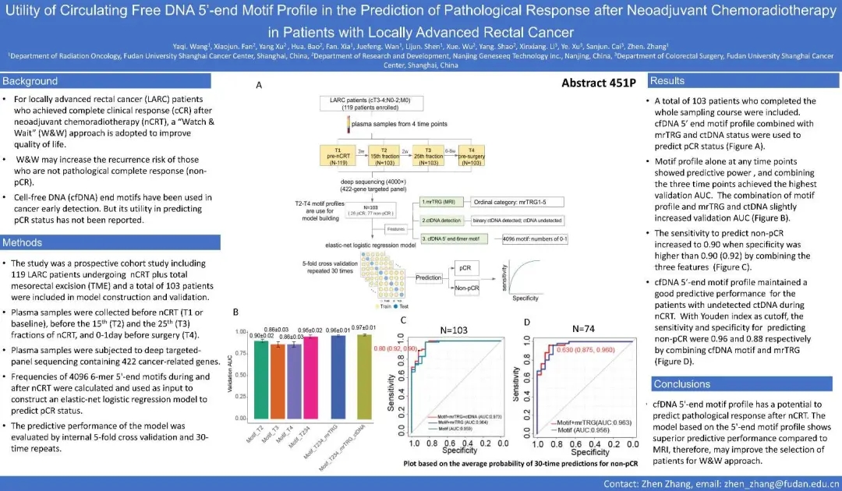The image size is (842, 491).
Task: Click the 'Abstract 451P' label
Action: click(x=596, y=83)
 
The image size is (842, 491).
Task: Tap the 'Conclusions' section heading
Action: click(x=681, y=384)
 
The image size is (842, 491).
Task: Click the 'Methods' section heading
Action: click(x=26, y=242)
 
